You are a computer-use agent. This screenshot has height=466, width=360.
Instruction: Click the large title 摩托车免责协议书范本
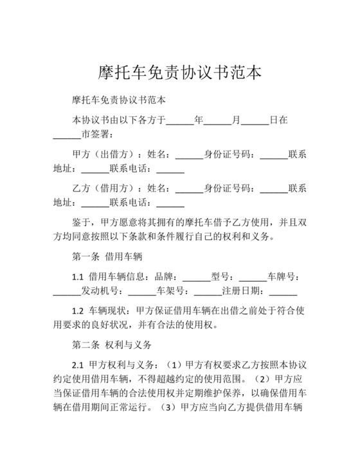[180, 71]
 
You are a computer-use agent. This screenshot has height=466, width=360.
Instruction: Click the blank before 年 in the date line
[180, 120]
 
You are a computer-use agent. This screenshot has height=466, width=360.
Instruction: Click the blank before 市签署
[67, 135]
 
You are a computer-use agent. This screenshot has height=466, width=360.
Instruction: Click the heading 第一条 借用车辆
[107, 256]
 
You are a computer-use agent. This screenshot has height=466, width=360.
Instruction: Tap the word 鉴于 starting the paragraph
[81, 221]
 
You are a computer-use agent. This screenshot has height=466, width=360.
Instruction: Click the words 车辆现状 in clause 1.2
[107, 310]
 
